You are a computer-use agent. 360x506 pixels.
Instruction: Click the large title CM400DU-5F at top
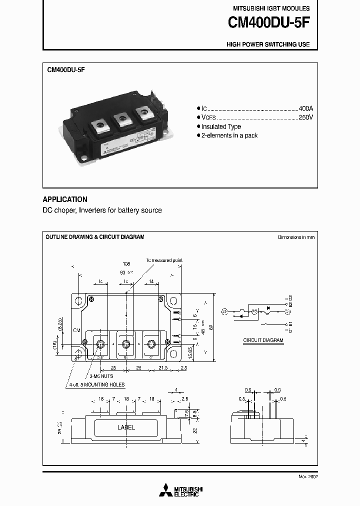268,23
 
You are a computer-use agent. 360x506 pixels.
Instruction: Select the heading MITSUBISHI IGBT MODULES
271,8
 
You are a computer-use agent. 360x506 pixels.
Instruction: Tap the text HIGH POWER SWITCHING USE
268,44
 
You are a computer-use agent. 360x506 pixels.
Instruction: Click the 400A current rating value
305,108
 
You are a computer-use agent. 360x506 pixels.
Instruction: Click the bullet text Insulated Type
221,127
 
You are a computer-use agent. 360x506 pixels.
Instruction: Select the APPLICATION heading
65,199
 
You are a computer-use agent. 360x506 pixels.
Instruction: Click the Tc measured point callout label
164,260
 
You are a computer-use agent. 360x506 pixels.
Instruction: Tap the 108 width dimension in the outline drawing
126,263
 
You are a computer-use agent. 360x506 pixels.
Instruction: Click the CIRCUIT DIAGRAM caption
263,340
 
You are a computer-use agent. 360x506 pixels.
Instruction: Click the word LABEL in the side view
126,427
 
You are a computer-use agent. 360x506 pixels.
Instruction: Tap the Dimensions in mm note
296,237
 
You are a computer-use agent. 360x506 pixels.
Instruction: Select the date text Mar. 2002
307,476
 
